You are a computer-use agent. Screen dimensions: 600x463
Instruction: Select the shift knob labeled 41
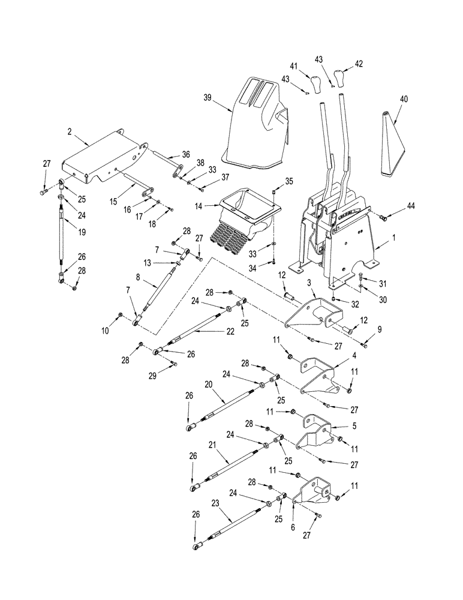click(x=316, y=80)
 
